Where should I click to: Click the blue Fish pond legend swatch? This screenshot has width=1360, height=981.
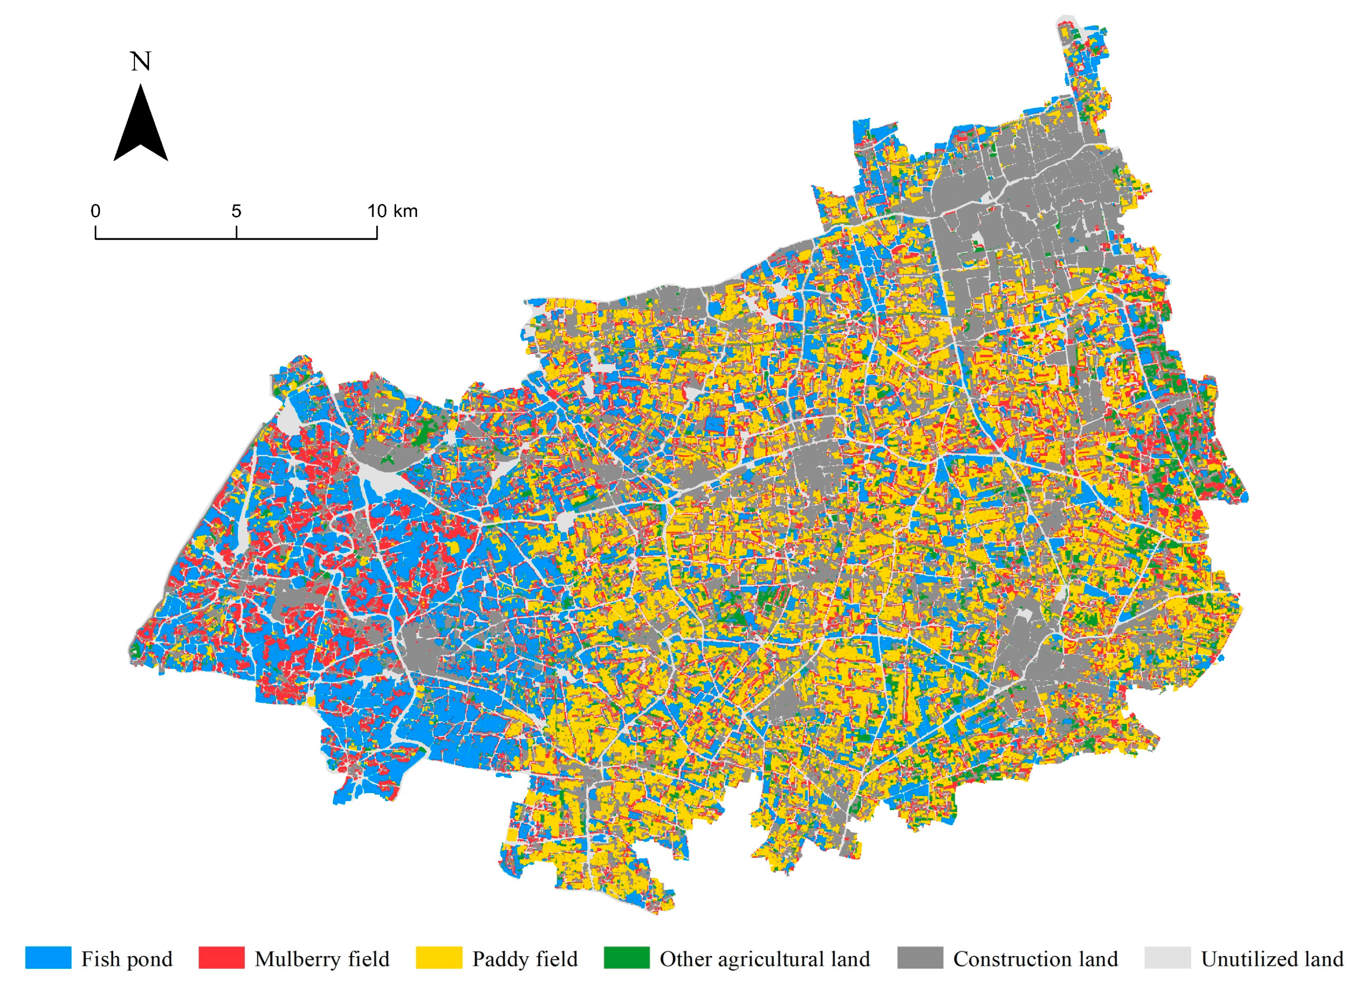coord(48,958)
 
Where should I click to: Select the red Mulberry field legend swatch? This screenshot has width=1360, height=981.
coord(221,958)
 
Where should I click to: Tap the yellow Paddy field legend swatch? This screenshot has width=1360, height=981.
coord(438,958)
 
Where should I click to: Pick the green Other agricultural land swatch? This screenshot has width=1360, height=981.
coord(626,958)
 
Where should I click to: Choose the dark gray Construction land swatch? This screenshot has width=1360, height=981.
coord(920,958)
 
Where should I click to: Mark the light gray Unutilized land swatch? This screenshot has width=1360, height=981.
coord(1167,958)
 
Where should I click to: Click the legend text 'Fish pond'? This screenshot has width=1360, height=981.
coord(127,959)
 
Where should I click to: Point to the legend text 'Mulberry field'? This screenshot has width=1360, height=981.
coord(322,959)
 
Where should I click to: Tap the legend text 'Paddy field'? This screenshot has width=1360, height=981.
coord(525,959)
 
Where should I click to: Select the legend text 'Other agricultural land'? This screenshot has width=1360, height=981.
coord(764,959)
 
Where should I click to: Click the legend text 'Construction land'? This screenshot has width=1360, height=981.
coord(1036,959)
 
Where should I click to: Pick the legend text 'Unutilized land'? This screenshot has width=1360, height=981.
coord(1272,959)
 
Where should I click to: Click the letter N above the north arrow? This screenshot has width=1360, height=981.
coord(141,61)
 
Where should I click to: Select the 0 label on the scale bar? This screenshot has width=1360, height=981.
coord(95,211)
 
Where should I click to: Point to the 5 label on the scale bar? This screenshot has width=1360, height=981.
coord(236,211)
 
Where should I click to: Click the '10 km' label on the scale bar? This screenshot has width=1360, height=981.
coord(392,211)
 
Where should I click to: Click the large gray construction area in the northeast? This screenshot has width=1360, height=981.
coord(1019,198)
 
